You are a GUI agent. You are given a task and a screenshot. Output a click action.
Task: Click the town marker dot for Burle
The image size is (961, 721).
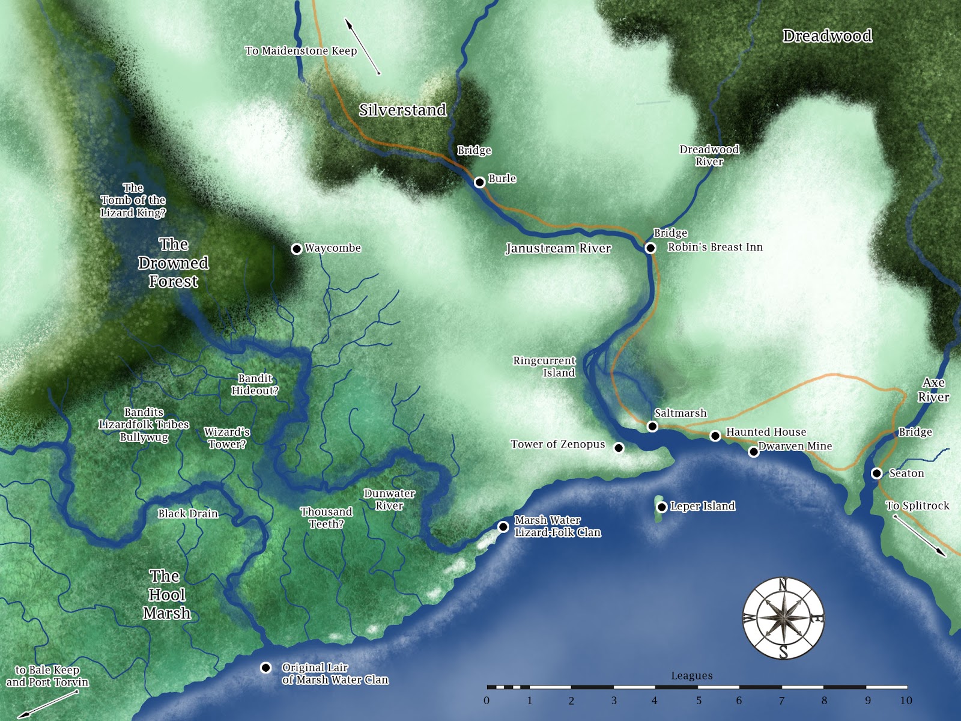click(x=479, y=182)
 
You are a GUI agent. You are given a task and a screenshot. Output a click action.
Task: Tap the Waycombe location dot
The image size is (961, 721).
click(x=297, y=249)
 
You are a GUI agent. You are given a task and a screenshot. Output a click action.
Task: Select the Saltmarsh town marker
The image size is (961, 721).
click(x=652, y=427)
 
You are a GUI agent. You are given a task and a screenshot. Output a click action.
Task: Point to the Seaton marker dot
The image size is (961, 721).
click(x=876, y=473)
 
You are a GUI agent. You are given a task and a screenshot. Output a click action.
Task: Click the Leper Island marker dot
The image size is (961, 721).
click(x=661, y=507)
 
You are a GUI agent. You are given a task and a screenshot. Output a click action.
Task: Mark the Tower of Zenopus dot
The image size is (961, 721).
click(x=619, y=448)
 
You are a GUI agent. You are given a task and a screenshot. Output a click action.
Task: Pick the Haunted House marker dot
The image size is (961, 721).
click(x=715, y=436)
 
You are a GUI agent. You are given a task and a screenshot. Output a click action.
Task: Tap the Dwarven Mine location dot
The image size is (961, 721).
click(x=754, y=452)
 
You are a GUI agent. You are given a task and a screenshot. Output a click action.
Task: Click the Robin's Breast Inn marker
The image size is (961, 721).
click(x=650, y=248)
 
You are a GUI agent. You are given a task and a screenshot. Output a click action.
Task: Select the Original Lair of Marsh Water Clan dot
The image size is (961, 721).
click(x=266, y=668)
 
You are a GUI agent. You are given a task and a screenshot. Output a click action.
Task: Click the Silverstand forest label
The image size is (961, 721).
click(x=402, y=110)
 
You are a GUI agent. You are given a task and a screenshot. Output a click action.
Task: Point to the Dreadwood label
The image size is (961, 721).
click(x=827, y=36)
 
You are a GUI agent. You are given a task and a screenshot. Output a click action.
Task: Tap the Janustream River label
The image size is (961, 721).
click(x=558, y=249)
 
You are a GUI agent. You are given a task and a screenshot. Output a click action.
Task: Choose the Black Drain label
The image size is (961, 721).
click(x=187, y=514)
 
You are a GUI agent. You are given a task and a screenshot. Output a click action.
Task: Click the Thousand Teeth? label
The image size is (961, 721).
click(x=326, y=518)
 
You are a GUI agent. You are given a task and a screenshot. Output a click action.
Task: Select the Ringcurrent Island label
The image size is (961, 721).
click(x=544, y=367)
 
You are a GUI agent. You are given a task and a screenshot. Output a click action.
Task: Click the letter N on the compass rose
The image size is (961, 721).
click(x=783, y=583)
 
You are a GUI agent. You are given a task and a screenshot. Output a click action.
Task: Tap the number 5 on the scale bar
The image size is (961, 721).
click(x=699, y=701)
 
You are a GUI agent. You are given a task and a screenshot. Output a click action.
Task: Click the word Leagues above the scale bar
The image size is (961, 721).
click(x=691, y=676)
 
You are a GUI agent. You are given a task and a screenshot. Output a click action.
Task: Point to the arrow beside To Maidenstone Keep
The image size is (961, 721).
click(x=362, y=46)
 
